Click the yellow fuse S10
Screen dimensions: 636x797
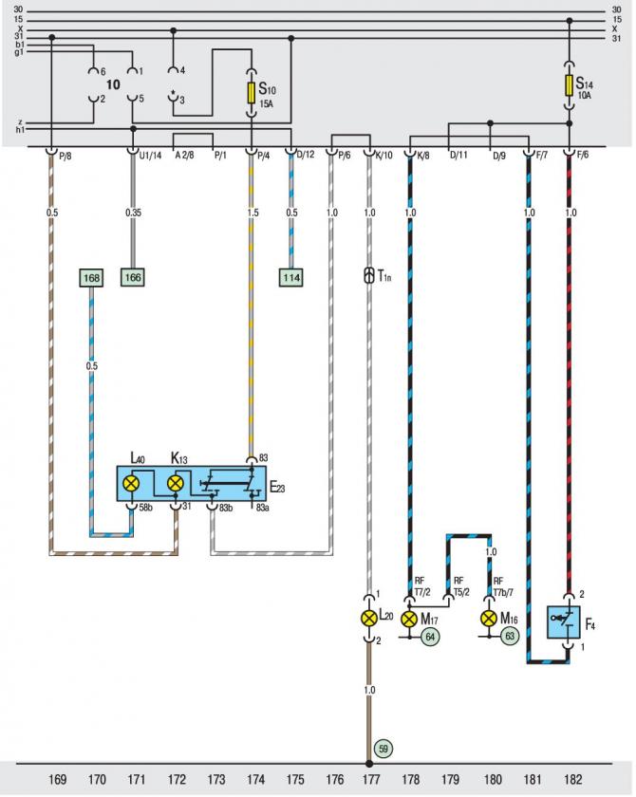click(x=252, y=93)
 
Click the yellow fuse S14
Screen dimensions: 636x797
click(x=569, y=85)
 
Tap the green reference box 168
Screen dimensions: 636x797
click(x=91, y=277)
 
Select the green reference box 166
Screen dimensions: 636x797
click(x=133, y=277)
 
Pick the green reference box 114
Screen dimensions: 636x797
click(x=291, y=277)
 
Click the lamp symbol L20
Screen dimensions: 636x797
click(x=369, y=618)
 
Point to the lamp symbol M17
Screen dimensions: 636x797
click(x=409, y=619)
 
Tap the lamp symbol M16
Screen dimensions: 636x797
click(x=489, y=619)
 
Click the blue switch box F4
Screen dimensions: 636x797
click(x=563, y=622)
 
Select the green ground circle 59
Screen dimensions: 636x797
click(x=383, y=749)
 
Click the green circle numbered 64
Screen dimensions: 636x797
click(x=431, y=637)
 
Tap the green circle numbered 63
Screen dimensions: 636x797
click(x=510, y=637)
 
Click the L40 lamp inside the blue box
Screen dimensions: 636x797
click(x=132, y=483)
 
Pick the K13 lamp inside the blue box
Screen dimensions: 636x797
click(x=176, y=483)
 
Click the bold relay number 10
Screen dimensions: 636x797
click(x=113, y=84)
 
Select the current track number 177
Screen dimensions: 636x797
click(x=371, y=779)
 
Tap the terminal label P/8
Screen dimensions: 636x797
click(x=65, y=156)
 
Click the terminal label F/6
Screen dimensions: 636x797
click(x=582, y=155)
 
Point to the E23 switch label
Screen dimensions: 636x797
click(x=277, y=488)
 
